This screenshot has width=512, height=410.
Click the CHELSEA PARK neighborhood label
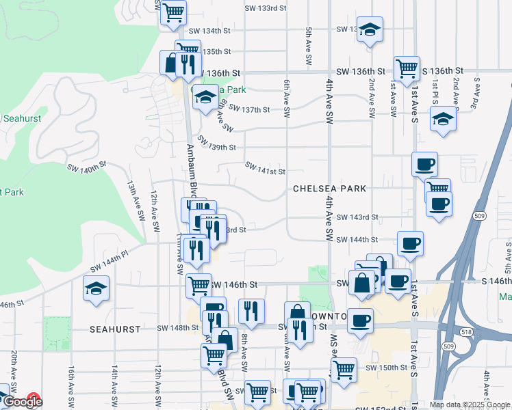pos(329,188)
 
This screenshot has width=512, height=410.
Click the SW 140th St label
pos(87,165)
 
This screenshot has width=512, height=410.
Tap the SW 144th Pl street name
pos(109,258)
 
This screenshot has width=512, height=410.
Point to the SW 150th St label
pos(386,368)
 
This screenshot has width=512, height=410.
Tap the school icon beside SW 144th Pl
pos(96,288)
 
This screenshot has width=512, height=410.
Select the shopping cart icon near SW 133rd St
pos(173,12)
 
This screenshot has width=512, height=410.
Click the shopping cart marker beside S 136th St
pos(407,68)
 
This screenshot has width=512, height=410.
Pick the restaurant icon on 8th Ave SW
pos(251,312)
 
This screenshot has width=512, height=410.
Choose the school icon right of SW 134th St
pos(370,29)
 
